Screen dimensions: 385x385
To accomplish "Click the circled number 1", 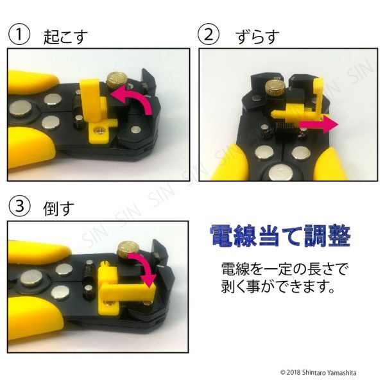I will pos(19,35).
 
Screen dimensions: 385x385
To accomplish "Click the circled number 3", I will pos(19,207).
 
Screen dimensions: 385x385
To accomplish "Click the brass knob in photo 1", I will pos(117,80).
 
